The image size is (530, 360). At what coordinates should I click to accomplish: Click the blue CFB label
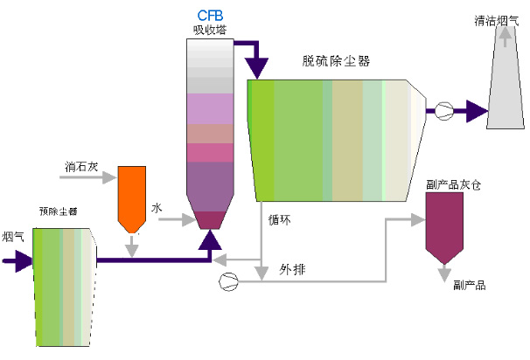[x=210, y=15]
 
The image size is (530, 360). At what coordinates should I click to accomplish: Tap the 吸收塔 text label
[x=210, y=29]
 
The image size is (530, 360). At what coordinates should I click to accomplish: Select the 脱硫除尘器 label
[x=336, y=61]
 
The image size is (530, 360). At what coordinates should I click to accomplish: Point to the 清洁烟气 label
[x=494, y=17]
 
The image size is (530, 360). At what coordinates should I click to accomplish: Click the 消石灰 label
[x=80, y=165]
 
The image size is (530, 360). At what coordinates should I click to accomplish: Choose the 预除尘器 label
[x=58, y=211]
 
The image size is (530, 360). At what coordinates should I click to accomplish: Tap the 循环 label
[x=281, y=220]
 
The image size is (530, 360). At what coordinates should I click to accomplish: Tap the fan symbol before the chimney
[x=443, y=111]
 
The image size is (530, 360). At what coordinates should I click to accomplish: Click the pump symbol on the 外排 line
[x=229, y=280]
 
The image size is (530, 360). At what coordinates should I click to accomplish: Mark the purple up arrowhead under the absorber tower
[x=210, y=239]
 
